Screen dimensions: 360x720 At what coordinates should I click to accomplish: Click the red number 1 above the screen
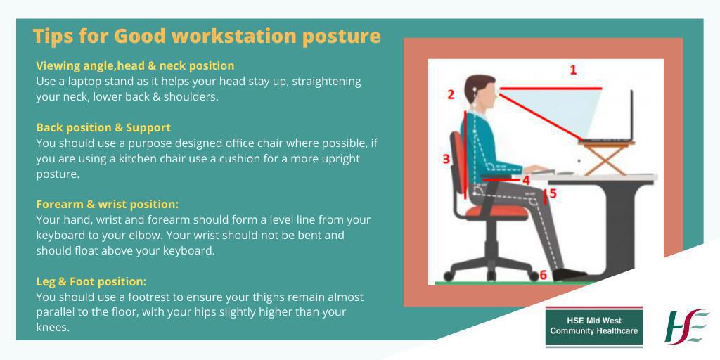click(x=573, y=70)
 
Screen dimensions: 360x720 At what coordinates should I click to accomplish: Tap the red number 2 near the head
click(x=451, y=94)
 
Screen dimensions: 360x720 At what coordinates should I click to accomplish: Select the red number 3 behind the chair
click(x=446, y=159)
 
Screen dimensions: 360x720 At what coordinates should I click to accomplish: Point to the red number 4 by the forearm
click(x=525, y=180)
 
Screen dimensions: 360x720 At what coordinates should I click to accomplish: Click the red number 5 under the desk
click(x=553, y=193)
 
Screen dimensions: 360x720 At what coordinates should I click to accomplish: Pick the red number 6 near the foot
click(x=542, y=274)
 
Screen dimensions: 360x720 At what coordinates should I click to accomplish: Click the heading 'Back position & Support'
click(x=103, y=127)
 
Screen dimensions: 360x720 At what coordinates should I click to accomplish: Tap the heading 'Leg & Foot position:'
click(x=91, y=281)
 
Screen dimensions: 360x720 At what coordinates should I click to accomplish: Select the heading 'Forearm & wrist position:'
click(x=108, y=204)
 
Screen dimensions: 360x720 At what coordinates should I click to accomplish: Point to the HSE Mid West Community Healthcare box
click(x=594, y=326)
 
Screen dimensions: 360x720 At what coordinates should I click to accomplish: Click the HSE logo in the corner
click(x=686, y=326)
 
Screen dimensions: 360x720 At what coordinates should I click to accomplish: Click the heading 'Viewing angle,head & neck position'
click(x=135, y=65)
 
